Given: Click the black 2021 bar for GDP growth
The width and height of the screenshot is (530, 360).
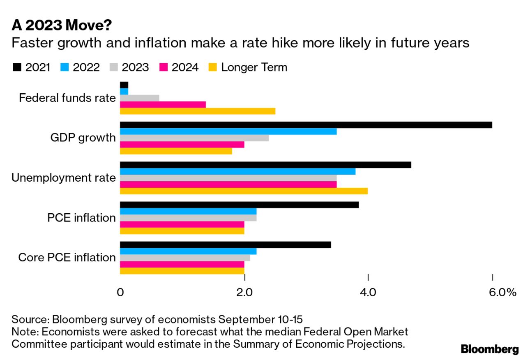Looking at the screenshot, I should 306,125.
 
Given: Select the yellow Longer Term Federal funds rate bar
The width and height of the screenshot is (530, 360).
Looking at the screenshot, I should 197,111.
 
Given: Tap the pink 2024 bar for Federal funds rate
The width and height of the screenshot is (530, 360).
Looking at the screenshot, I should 163,105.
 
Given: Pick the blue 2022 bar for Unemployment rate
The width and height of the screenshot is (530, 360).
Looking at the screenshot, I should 237,171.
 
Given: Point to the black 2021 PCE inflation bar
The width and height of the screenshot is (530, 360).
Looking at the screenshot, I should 239,205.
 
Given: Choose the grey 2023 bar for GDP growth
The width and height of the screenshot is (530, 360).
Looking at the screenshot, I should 194,138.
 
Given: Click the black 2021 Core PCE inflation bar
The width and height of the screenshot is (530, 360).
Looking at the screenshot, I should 225,245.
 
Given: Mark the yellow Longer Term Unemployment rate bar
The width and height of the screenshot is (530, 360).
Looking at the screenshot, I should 244,191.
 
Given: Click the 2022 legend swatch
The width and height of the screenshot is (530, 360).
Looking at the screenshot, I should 64,67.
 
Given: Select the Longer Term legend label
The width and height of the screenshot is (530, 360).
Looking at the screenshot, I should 254,67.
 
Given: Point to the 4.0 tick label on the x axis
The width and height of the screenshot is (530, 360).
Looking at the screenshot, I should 368,293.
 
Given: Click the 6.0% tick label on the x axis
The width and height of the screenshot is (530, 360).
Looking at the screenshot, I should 502,293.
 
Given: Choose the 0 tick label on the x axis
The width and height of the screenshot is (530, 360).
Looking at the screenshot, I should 120,293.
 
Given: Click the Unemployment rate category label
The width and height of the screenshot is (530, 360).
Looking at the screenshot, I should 64,178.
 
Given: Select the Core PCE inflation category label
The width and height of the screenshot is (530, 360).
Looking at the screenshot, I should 67,258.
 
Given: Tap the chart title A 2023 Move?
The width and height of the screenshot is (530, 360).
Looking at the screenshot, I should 62,25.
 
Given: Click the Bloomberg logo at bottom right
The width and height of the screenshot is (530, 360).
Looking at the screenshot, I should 490,349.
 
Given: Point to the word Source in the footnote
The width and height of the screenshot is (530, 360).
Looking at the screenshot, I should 28,319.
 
